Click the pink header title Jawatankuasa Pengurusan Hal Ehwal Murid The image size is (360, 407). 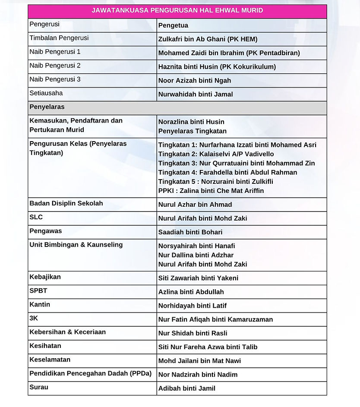click(177, 11)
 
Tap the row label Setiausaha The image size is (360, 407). click(46, 93)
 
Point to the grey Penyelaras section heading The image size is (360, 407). click(47, 107)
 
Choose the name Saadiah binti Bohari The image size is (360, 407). click(190, 232)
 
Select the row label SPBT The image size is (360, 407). click(38, 291)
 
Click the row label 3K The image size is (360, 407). click(34, 319)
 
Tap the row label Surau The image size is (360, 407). click(39, 388)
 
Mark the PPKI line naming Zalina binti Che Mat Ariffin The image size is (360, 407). click(211, 191)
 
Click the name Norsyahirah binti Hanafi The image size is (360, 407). click(196, 246)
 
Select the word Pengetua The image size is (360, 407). click(173, 25)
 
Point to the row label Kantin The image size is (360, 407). click(40, 305)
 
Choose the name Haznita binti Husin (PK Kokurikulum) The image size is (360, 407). click(217, 67)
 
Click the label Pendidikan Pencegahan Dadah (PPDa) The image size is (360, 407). click(90, 374)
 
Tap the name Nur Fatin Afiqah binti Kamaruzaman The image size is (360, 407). click(215, 319)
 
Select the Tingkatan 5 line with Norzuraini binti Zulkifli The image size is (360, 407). click(215, 182)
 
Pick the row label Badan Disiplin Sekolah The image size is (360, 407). click(66, 204)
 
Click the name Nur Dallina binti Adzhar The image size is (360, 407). click(196, 255)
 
